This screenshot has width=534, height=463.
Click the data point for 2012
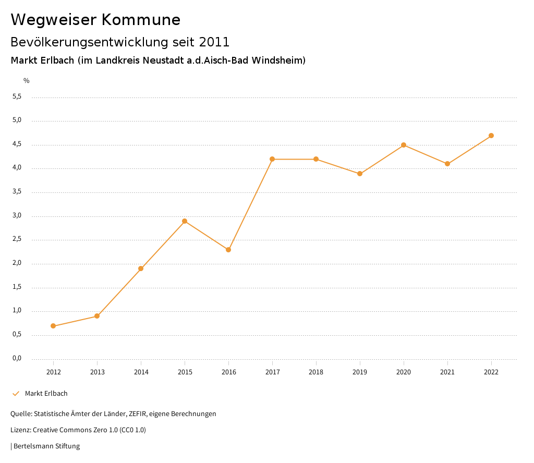pos(53,326)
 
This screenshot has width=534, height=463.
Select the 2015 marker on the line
pos(185,221)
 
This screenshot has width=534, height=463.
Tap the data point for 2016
pos(228,250)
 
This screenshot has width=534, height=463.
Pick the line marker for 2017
pos(272,159)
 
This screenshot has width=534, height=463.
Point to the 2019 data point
pos(360,174)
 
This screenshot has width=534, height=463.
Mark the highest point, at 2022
pos(491,136)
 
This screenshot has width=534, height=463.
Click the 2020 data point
pos(404,145)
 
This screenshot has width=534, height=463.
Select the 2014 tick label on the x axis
pos(141,372)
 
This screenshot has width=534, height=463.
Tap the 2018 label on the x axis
pos(316,372)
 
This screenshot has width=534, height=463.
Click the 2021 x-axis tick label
pos(447,372)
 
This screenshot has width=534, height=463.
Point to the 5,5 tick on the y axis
pos(17,96)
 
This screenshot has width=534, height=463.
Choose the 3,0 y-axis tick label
pos(17,215)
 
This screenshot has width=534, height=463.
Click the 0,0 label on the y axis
pos(17,358)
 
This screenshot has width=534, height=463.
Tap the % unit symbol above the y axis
pos(27,81)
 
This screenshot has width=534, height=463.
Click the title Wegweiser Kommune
pos(95,20)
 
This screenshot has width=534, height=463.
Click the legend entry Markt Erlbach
pos(46,394)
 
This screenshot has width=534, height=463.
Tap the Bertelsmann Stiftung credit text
pos(46,446)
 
